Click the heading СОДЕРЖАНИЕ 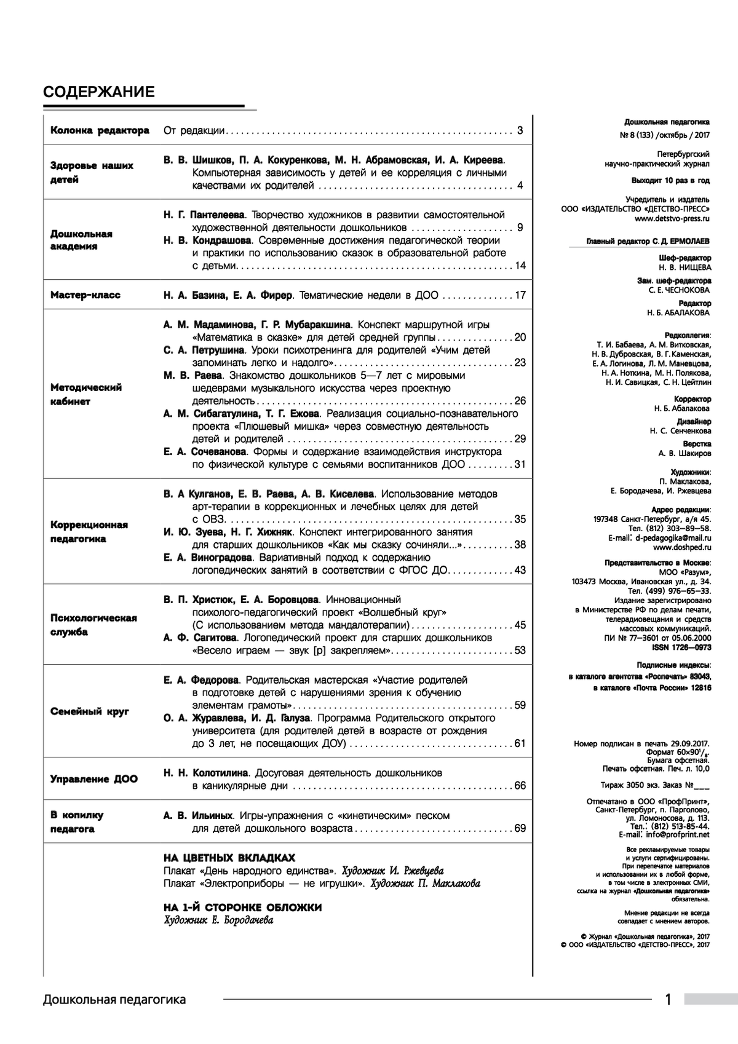coord(98,92)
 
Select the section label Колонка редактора coord(100,130)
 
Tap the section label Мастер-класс coord(85,295)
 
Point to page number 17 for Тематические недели coord(520,295)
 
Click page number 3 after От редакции coord(520,130)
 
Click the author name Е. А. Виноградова coord(208,557)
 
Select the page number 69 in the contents coord(520,828)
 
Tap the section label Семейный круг coord(90,711)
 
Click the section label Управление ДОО coord(94,779)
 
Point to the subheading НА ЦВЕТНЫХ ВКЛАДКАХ coord(229,858)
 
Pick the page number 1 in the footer coord(669,999)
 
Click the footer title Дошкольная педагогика coord(114,999)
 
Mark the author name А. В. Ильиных coord(198,815)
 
